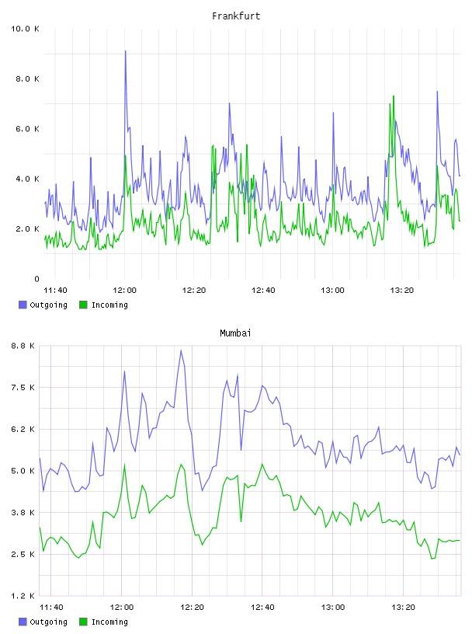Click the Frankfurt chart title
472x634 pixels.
point(236,16)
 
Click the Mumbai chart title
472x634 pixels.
point(235,333)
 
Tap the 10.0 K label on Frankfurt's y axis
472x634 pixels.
point(25,29)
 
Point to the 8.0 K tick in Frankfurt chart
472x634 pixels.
point(27,78)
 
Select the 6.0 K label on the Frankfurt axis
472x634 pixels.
point(27,129)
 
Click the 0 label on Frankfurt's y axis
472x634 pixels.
point(36,279)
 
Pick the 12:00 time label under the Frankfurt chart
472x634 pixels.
point(124,290)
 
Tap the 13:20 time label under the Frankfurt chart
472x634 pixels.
point(401,290)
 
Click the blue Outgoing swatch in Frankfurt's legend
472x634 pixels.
point(23,305)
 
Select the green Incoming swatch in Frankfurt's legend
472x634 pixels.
point(83,305)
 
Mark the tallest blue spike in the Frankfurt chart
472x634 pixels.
point(125,51)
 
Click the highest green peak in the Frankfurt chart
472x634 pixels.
point(393,96)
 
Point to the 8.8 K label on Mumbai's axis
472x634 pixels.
point(23,346)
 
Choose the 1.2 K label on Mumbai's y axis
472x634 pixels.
point(23,596)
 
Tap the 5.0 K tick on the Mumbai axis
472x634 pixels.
point(23,471)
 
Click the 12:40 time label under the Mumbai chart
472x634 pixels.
point(262,607)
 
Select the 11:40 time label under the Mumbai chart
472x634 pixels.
point(51,607)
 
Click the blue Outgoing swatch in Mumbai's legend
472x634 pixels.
point(23,622)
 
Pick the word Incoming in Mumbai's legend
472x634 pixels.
point(109,622)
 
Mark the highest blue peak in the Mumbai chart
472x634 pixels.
point(181,350)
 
